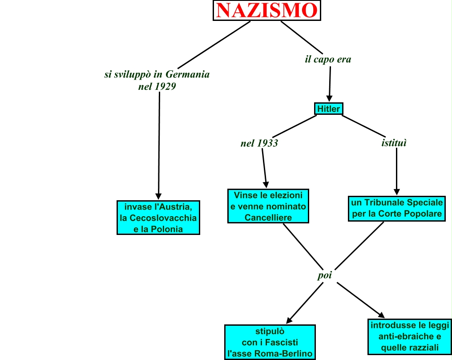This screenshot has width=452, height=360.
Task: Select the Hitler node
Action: (x=329, y=109)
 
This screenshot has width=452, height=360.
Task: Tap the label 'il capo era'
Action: (x=328, y=59)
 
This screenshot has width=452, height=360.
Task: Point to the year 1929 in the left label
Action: (x=165, y=86)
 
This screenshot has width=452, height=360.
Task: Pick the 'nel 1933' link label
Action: (x=259, y=143)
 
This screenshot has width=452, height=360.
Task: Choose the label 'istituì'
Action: (x=394, y=143)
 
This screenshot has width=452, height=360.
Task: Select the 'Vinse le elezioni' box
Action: (x=268, y=206)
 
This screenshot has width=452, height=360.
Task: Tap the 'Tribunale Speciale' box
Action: (x=397, y=208)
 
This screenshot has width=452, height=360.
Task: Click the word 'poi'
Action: (x=325, y=275)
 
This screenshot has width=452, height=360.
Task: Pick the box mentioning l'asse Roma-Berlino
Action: (x=270, y=342)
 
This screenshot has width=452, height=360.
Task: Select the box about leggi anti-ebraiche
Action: (x=410, y=336)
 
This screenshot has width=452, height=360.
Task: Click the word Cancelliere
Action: (x=268, y=218)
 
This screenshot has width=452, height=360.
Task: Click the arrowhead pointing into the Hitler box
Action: (x=329, y=99)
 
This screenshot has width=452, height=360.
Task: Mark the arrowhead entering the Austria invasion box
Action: (x=158, y=196)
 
